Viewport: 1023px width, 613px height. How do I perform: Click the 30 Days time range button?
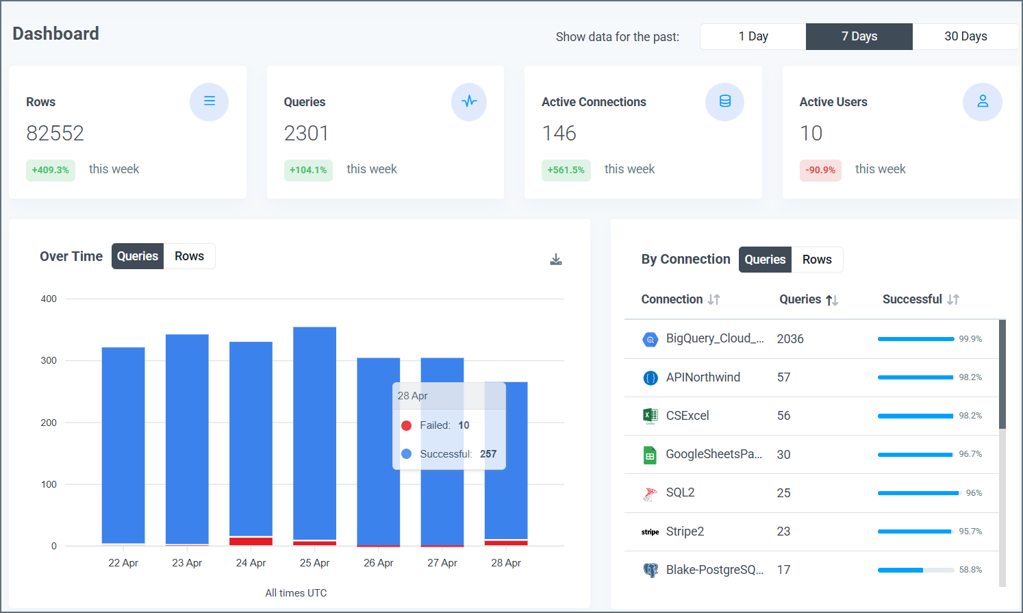[965, 36]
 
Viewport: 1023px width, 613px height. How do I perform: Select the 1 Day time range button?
[753, 36]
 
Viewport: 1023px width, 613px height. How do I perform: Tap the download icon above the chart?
[556, 259]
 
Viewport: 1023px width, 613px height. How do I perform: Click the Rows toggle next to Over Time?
[189, 256]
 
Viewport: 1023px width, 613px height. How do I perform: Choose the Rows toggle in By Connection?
[817, 260]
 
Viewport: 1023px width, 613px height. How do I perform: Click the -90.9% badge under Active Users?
[820, 170]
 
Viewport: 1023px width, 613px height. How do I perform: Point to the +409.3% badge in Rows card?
[51, 170]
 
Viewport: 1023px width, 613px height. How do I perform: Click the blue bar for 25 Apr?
[314, 431]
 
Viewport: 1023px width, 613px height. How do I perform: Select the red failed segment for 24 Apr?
[251, 541]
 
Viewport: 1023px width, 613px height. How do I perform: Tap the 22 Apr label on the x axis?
[123, 563]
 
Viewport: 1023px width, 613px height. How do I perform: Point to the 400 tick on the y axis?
[49, 299]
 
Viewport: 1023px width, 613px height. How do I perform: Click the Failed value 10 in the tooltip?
[464, 425]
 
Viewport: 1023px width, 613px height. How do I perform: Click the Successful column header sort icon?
[953, 299]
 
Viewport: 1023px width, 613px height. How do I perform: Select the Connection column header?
[672, 299]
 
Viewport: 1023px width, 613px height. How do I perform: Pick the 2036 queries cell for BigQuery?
[790, 339]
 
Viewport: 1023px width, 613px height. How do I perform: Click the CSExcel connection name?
[687, 416]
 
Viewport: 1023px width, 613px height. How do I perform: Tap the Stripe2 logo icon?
[650, 531]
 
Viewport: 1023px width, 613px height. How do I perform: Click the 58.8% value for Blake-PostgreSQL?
[970, 570]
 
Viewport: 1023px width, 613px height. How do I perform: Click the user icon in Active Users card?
[982, 101]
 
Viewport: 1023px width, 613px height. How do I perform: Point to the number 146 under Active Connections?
[559, 133]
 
